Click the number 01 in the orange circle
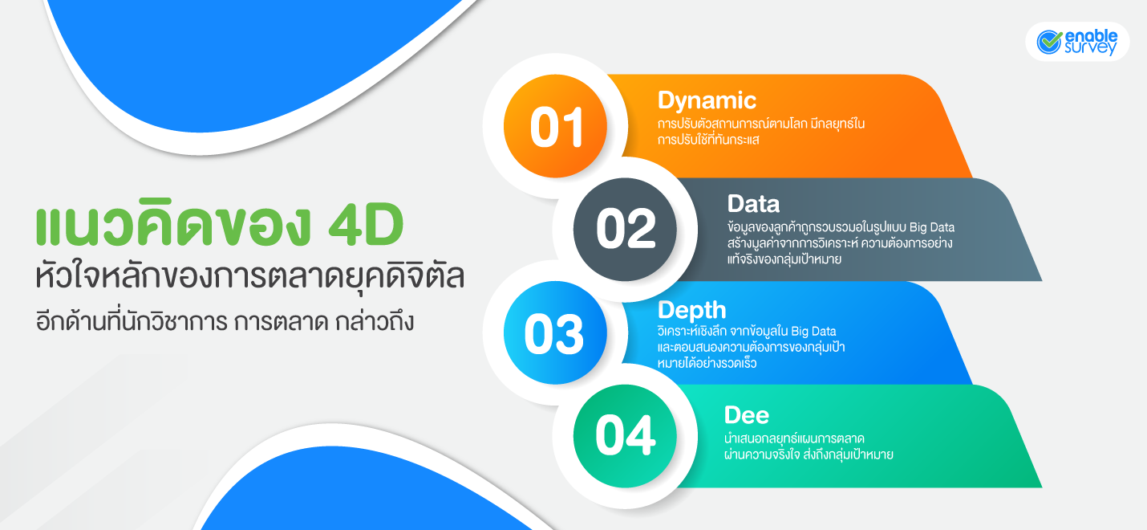556,128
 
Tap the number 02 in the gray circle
626,231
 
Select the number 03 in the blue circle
554,335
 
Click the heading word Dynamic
707,100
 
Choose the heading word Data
753,203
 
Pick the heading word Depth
691,310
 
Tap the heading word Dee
746,414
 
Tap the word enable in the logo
1091,35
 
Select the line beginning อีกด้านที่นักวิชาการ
225,324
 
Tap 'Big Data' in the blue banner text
813,332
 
